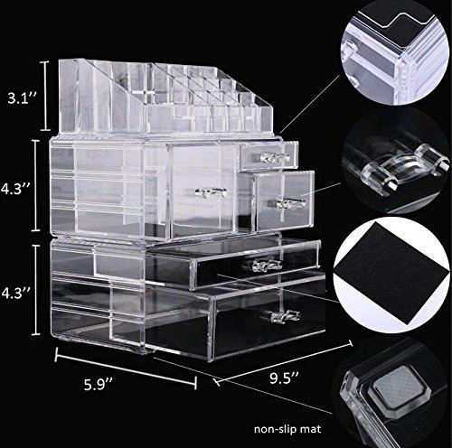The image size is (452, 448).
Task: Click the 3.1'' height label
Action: (x=22, y=98)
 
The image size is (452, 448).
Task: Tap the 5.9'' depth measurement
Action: (x=98, y=385)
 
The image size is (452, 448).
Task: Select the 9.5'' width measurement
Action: (x=284, y=378)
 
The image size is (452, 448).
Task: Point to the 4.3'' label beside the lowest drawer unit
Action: (x=15, y=293)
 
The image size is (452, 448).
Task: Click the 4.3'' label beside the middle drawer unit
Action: (x=15, y=190)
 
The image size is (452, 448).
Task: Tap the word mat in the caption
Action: (x=312, y=429)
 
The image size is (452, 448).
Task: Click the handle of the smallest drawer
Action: (x=275, y=157)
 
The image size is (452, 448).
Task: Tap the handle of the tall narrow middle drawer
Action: (x=211, y=192)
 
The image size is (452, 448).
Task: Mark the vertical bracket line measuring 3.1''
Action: (x=45, y=96)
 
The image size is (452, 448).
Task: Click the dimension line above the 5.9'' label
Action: (x=126, y=369)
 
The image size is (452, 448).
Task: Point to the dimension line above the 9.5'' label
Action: (x=283, y=363)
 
